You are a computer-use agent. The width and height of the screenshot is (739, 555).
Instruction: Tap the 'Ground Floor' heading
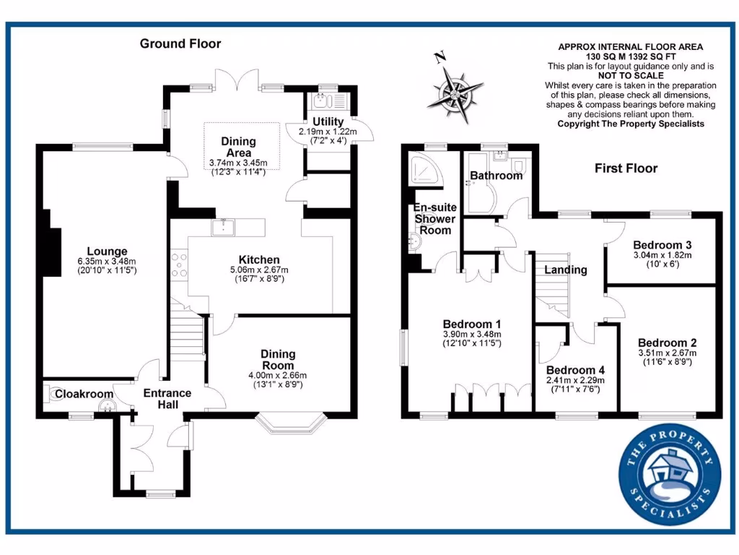[180, 44]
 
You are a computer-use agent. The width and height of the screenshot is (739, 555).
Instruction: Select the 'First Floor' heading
[626, 168]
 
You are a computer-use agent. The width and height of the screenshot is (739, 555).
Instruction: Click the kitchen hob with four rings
[178, 264]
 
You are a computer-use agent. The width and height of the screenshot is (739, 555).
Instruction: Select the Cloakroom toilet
[55, 393]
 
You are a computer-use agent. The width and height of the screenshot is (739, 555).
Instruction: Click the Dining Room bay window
[293, 424]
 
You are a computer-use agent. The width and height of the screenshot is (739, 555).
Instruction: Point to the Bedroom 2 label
[666, 342]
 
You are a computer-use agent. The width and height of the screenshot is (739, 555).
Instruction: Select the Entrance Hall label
[167, 399]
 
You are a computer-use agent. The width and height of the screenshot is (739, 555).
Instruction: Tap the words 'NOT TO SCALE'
[631, 76]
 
